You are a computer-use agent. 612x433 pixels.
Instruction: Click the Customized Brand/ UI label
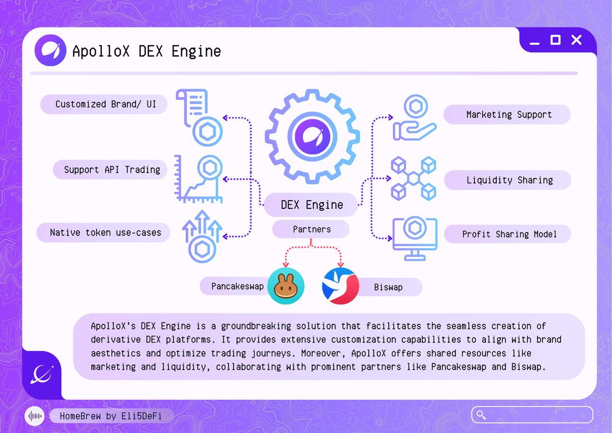pyautogui.click(x=104, y=105)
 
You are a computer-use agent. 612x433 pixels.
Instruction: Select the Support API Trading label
pyautogui.click(x=112, y=170)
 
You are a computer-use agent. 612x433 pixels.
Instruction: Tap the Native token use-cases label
pyautogui.click(x=105, y=233)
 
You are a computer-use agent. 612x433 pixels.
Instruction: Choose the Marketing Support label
pyautogui.click(x=508, y=115)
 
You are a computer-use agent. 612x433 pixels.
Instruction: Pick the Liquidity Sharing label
pyautogui.click(x=509, y=180)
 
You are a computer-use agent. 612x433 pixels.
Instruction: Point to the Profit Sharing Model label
pyautogui.click(x=509, y=234)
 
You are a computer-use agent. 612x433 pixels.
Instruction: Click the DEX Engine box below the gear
pyautogui.click(x=312, y=205)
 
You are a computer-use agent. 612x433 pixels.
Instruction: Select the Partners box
pyautogui.click(x=312, y=230)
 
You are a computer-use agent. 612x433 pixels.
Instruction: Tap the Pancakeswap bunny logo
pyautogui.click(x=286, y=286)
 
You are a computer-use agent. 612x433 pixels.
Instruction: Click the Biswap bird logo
pyautogui.click(x=340, y=286)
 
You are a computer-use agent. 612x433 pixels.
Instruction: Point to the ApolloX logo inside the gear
pyautogui.click(x=311, y=136)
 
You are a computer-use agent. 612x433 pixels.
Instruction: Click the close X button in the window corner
pyautogui.click(x=576, y=40)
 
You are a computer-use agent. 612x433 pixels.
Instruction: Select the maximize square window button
pyautogui.click(x=555, y=40)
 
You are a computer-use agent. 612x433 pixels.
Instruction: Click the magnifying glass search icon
pyautogui.click(x=480, y=415)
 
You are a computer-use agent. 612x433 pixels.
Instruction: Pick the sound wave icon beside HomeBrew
pyautogui.click(x=35, y=416)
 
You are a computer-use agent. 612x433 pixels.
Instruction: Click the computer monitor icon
pyautogui.click(x=414, y=238)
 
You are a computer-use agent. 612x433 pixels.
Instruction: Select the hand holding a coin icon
pyautogui.click(x=413, y=119)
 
